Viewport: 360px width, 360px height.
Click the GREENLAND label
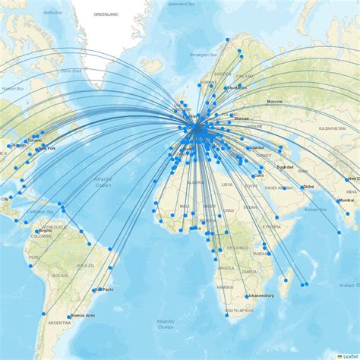click(106, 14)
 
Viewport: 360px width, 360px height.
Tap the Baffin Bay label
click(52, 12)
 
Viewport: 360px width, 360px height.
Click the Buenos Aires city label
click(84, 315)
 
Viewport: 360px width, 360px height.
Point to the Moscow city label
click(274, 101)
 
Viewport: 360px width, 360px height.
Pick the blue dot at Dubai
click(301, 187)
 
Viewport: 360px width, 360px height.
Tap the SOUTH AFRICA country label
click(237, 311)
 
